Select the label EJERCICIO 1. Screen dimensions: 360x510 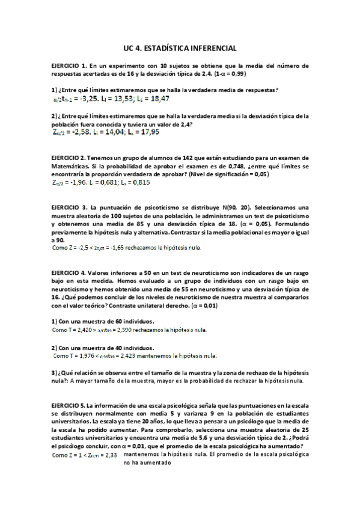coord(71,66)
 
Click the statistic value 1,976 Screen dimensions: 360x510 coord(88,356)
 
